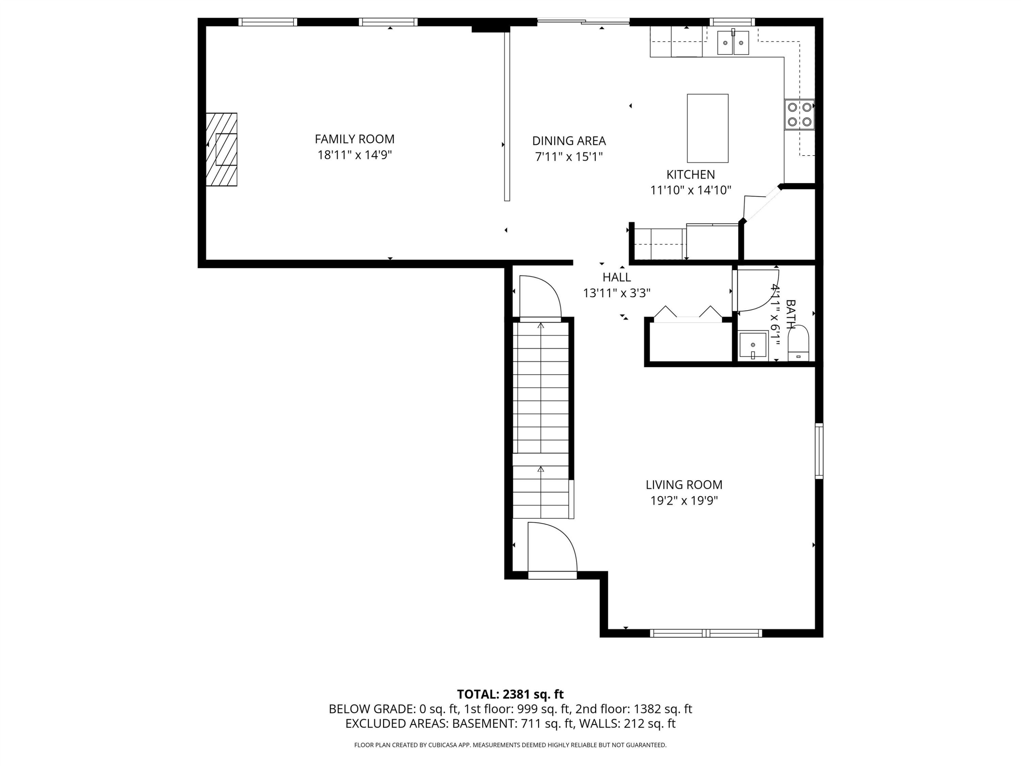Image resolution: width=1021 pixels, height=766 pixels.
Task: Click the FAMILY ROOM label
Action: (355, 139)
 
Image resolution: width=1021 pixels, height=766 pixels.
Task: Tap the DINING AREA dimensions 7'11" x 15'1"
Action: (569, 157)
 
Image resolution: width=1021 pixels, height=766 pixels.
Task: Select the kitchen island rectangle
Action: (708, 128)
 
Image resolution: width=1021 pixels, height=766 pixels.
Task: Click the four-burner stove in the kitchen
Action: (799, 114)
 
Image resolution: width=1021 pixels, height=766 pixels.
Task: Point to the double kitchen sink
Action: (733, 43)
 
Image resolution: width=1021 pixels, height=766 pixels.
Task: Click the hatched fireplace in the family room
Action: (222, 149)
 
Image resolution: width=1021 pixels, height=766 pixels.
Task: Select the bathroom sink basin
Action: (753, 345)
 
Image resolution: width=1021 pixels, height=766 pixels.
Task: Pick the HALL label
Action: (617, 277)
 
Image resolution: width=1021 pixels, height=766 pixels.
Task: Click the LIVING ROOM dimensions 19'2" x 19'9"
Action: (684, 500)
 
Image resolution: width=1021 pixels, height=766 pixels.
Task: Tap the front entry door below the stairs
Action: (552, 549)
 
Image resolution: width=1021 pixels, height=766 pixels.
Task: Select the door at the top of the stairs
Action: (540, 297)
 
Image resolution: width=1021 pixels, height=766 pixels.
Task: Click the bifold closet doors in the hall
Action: (688, 313)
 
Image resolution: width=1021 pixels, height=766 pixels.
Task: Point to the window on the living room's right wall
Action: (819, 451)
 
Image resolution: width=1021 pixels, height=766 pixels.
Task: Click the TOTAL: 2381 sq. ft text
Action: (510, 695)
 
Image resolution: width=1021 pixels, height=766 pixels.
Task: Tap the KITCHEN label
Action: (691, 175)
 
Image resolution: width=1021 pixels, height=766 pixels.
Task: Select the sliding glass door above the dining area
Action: (583, 21)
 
